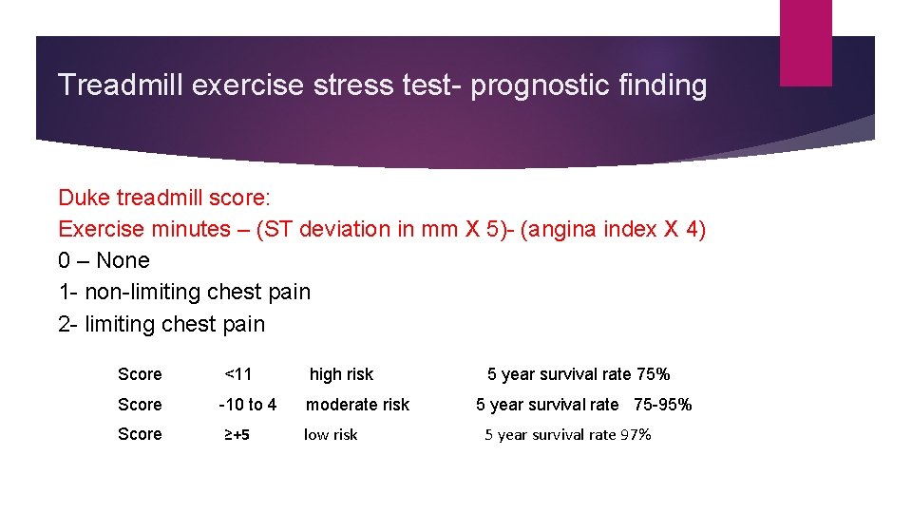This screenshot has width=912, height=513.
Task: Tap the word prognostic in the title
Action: [528, 85]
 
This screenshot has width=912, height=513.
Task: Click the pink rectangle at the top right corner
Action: [805, 42]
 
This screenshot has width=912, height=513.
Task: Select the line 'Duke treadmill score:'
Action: [164, 198]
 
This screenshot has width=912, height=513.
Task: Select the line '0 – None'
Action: [104, 260]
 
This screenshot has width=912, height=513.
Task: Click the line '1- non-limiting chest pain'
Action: [184, 292]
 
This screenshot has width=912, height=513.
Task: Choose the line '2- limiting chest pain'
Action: [161, 324]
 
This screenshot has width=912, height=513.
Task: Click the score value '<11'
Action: [238, 374]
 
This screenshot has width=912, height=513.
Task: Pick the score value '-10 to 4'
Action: [248, 405]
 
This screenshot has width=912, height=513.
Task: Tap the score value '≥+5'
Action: [237, 435]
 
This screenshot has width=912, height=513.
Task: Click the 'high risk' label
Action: [341, 374]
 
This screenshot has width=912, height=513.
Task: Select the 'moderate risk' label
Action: [357, 405]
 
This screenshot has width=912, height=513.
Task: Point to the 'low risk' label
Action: [331, 435]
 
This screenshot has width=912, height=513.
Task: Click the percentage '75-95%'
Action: [662, 405]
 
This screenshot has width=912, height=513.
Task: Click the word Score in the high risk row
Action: [140, 374]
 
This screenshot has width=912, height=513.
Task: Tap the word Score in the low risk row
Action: [140, 434]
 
